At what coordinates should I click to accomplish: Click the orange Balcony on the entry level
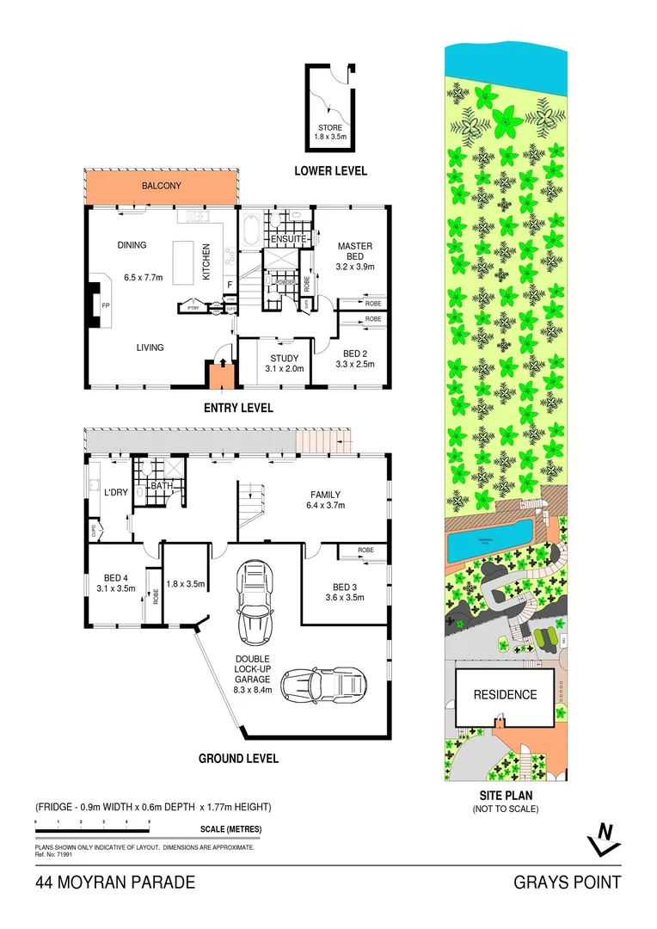tap(161, 187)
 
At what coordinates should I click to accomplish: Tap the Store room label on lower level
tap(330, 128)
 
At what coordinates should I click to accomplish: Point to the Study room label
tap(283, 359)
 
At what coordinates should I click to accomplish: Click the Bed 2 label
tap(353, 354)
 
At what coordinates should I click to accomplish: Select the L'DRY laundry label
tap(116, 493)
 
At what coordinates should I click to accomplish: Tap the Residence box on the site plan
tap(503, 695)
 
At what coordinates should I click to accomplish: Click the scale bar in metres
tap(93, 830)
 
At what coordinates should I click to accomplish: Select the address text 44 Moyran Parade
tap(115, 883)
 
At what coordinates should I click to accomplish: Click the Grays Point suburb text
tap(567, 883)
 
